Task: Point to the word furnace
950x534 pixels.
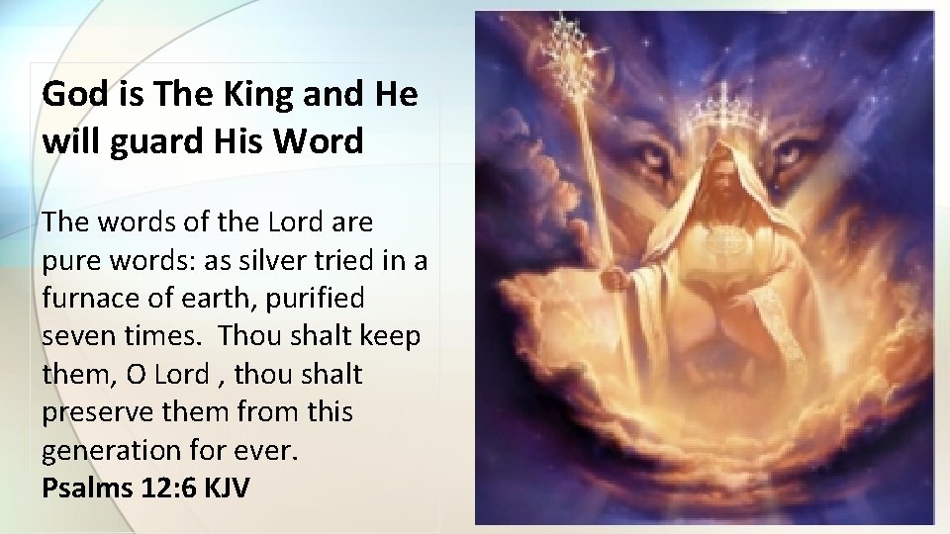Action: (x=95, y=297)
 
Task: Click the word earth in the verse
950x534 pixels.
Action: (x=220, y=297)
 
